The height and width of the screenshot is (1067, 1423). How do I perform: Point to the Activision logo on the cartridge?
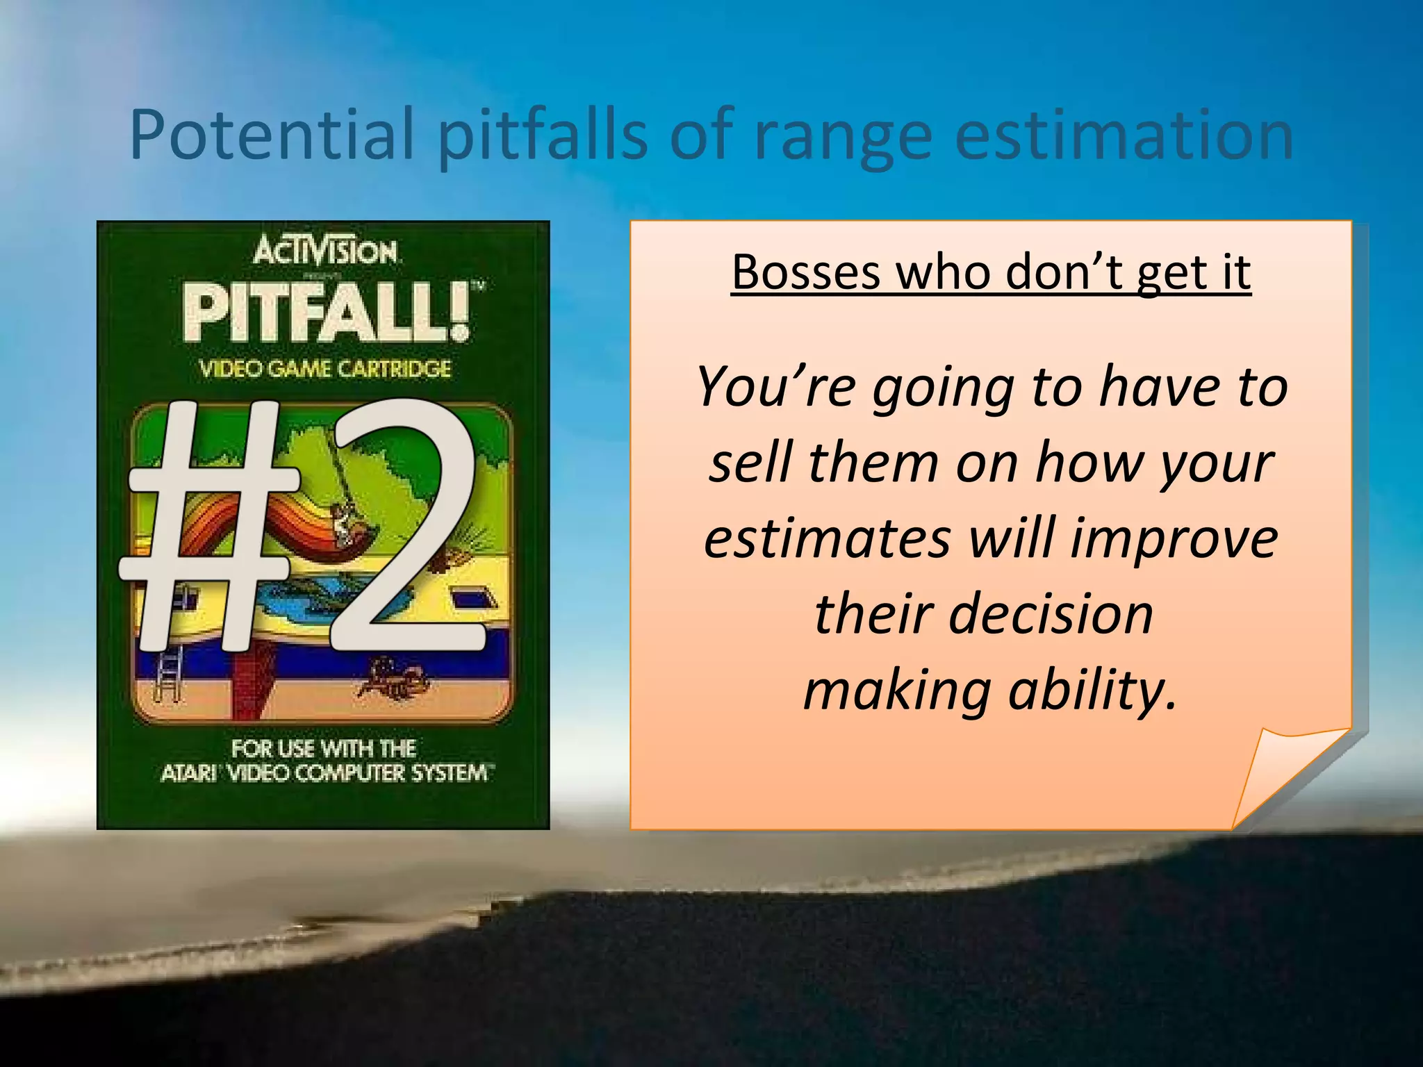coord(325,251)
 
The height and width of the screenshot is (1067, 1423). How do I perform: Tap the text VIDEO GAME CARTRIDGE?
coord(325,369)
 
